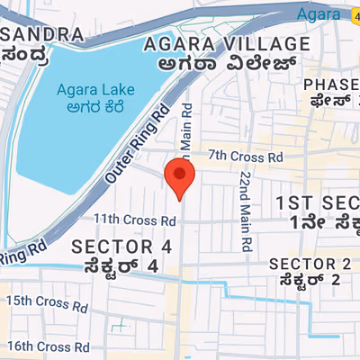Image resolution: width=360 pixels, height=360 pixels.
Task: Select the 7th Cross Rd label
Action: tap(245, 157)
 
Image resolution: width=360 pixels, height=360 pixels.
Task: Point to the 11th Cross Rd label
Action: tap(134, 219)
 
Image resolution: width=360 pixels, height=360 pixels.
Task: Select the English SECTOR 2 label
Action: tap(310, 263)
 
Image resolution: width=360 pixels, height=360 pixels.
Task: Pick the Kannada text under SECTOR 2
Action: tap(310, 280)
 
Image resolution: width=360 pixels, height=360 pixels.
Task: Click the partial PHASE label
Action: tap(330, 85)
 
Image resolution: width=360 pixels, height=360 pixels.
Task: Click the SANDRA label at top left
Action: tap(42, 34)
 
